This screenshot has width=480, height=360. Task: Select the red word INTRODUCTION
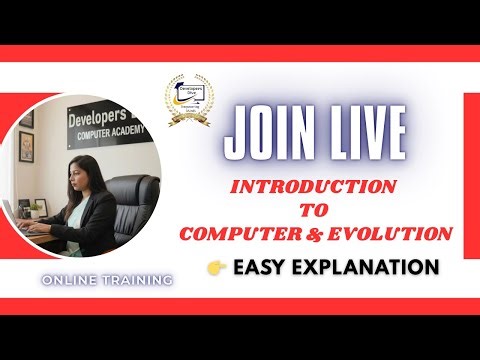tap(314, 188)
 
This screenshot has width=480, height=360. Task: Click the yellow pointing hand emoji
tap(215, 268)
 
